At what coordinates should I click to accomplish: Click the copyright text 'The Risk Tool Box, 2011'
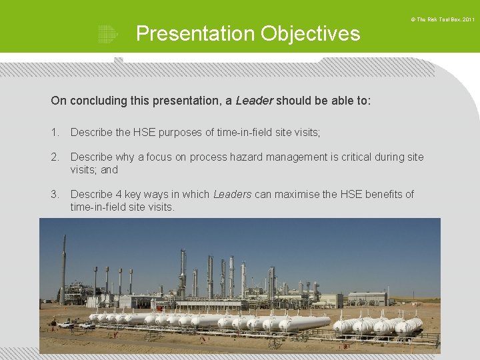pyautogui.click(x=445, y=20)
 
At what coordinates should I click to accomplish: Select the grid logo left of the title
pyautogui.click(x=107, y=34)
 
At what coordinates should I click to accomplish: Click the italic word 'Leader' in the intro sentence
pyautogui.click(x=254, y=101)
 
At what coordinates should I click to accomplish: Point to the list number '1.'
pyautogui.click(x=55, y=133)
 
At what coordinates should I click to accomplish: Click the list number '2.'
pyautogui.click(x=55, y=157)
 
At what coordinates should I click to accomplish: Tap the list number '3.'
pyautogui.click(x=55, y=195)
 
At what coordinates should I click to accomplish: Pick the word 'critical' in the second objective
pyautogui.click(x=343, y=157)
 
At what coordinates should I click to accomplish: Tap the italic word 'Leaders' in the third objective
pyautogui.click(x=232, y=195)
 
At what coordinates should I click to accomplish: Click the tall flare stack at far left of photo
pyautogui.click(x=63, y=267)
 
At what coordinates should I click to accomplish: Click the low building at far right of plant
pyautogui.click(x=367, y=298)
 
